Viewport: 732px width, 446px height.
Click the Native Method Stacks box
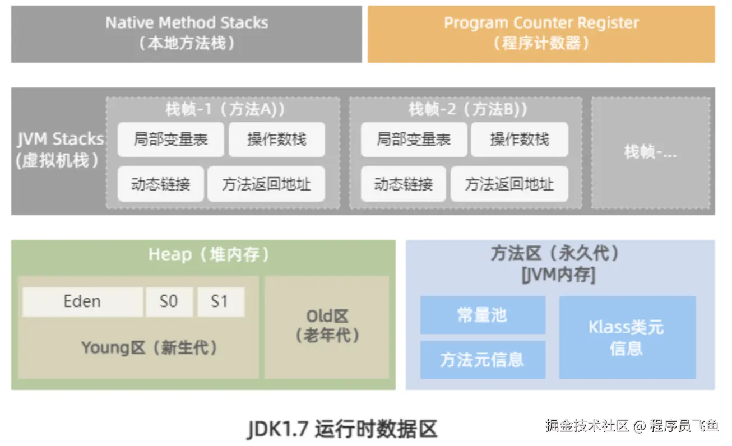pos(186,34)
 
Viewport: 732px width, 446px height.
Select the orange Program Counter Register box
pos(541,34)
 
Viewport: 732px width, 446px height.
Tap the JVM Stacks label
pos(59,150)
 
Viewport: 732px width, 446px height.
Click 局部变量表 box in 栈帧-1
pos(170,140)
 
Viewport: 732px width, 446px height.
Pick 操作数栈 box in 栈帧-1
pos(276,140)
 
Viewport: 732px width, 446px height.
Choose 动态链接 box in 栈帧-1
pos(160,184)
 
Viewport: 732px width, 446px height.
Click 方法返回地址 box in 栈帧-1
pos(266,184)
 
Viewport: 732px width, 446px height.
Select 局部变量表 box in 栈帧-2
pos(413,140)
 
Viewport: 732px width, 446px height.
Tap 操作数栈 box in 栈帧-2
pos(519,140)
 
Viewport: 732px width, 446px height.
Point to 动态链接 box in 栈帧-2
pos(403,184)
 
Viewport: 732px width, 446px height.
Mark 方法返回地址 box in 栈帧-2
pos(509,184)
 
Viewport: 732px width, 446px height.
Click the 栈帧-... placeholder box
pos(650,152)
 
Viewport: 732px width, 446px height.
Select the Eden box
pos(82,301)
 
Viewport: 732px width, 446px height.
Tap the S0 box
pos(169,301)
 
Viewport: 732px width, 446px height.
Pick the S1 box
pos(220,301)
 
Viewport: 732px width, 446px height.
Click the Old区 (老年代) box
pos(327,326)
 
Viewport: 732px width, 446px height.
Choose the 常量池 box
pos(482,315)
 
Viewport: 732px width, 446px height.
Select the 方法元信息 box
pos(482,360)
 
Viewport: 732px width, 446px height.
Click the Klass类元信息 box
pos(627,337)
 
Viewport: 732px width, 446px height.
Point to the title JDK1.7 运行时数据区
pos(342,429)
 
